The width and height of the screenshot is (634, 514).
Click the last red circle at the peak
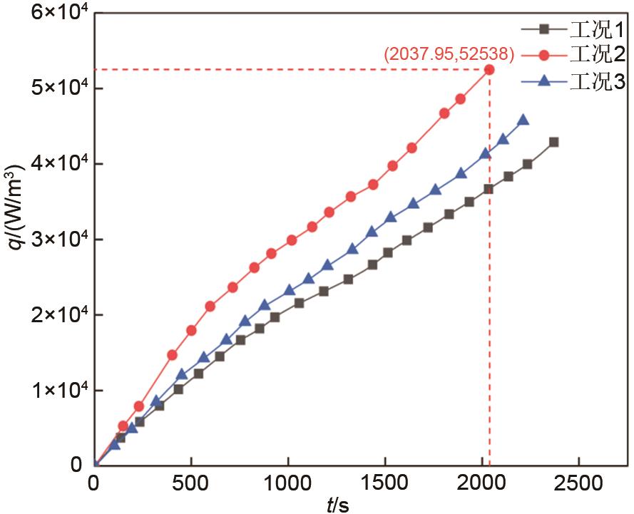pos(489,69)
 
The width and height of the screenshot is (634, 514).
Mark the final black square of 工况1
pos(553,142)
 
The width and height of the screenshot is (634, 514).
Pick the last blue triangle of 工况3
pos(523,120)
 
